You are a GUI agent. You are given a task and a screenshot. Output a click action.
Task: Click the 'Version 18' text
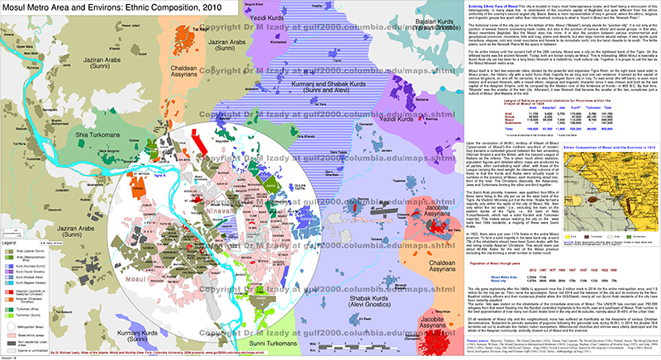[x=12, y=356]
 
